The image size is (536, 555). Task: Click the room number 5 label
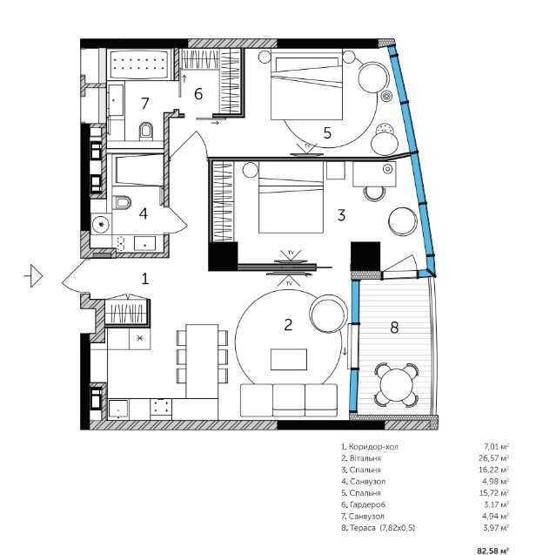[x=327, y=133]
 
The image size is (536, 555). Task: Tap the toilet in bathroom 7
[x=145, y=131]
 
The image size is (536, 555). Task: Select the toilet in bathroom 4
[x=122, y=203]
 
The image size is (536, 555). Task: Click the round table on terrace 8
[x=396, y=385]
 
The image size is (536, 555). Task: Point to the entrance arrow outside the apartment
[x=34, y=275]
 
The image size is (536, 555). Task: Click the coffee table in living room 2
[x=289, y=359]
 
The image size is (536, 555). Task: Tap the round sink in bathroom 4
[x=102, y=224]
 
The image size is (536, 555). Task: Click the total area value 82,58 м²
[x=492, y=551]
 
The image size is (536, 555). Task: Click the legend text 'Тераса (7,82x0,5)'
[x=378, y=528]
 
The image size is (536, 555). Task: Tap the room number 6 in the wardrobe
[x=198, y=94]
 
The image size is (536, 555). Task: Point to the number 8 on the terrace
[x=394, y=328]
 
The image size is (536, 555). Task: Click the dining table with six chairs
[x=202, y=361]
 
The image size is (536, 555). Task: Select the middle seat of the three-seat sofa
[x=289, y=400]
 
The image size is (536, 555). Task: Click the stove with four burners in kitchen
[x=161, y=407]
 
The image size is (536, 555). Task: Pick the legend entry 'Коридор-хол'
[x=370, y=447]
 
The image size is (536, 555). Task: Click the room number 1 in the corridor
[x=145, y=279]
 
